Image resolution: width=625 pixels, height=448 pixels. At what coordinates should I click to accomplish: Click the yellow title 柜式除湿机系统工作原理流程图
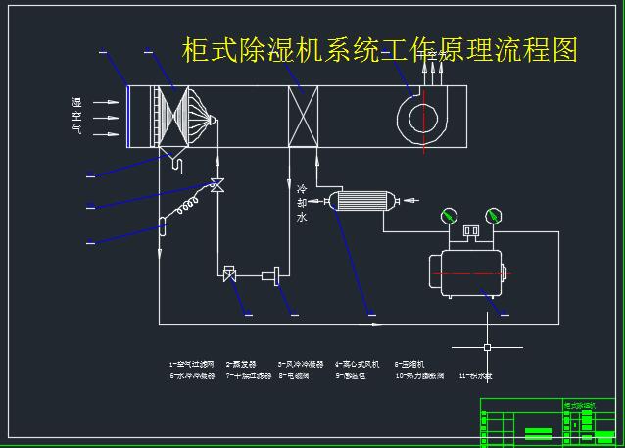380,49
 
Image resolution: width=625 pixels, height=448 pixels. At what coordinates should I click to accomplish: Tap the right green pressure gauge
493,214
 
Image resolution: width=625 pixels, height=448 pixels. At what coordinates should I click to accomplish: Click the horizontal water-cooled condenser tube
362,201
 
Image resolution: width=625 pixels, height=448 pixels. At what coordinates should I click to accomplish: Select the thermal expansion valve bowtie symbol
216,184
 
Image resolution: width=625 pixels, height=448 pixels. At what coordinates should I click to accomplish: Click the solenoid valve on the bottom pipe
229,274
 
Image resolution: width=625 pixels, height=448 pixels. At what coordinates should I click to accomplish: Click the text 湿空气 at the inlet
75,116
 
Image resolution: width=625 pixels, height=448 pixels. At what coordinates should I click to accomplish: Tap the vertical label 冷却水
301,203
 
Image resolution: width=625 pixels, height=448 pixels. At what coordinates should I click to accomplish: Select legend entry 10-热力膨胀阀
420,375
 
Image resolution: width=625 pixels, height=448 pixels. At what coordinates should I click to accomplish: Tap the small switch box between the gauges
471,232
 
